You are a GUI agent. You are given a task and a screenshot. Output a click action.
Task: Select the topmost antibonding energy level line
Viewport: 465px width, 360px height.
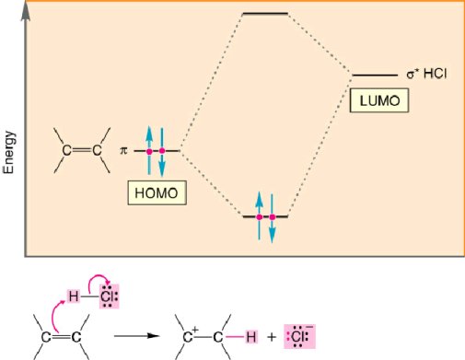click(x=264, y=14)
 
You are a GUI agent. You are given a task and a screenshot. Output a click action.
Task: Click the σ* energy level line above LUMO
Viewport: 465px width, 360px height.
click(x=376, y=75)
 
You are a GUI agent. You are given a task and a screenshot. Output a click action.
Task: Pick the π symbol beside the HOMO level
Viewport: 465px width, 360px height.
click(x=122, y=149)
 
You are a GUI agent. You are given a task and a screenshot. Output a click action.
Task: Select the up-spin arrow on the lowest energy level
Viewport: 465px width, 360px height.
click(x=259, y=210)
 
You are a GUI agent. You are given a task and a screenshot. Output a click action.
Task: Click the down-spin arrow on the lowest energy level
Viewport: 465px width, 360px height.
click(x=273, y=225)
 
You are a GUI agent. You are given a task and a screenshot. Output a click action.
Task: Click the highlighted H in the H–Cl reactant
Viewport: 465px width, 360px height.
click(x=75, y=295)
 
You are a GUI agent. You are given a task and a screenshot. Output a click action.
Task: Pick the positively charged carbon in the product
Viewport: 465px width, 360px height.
click(x=184, y=338)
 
